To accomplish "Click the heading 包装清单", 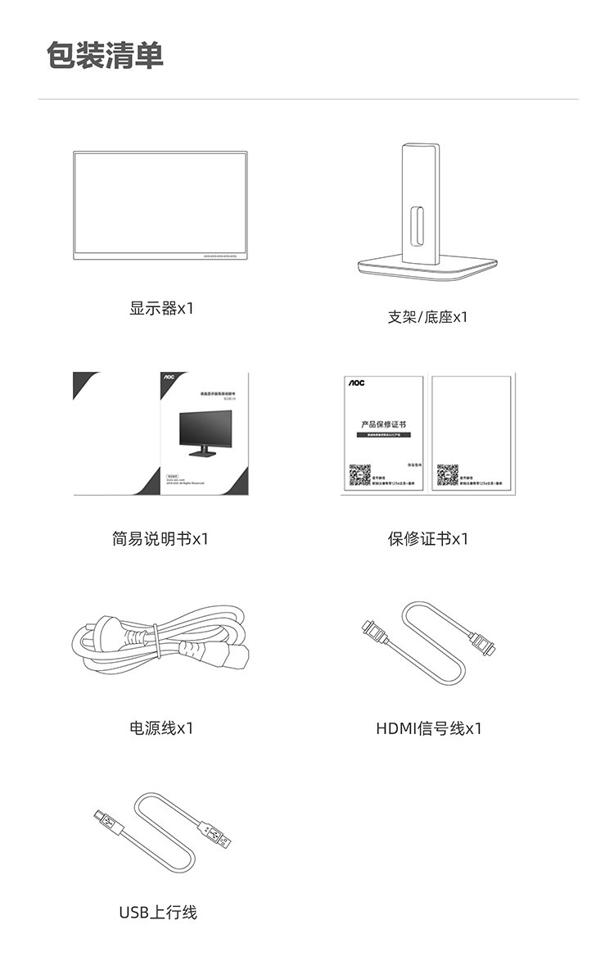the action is point(105,56).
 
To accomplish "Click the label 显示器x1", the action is point(161,309).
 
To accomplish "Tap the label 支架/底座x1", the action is point(427,317).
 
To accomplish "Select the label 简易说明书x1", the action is point(160,539).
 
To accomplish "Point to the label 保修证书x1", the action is point(427,539).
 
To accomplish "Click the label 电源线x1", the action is point(161,727).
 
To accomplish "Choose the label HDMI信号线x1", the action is point(429,727).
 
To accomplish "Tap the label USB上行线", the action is point(158,912).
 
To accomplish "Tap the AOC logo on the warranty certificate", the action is point(356,383).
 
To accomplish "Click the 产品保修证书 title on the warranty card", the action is point(383,425).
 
